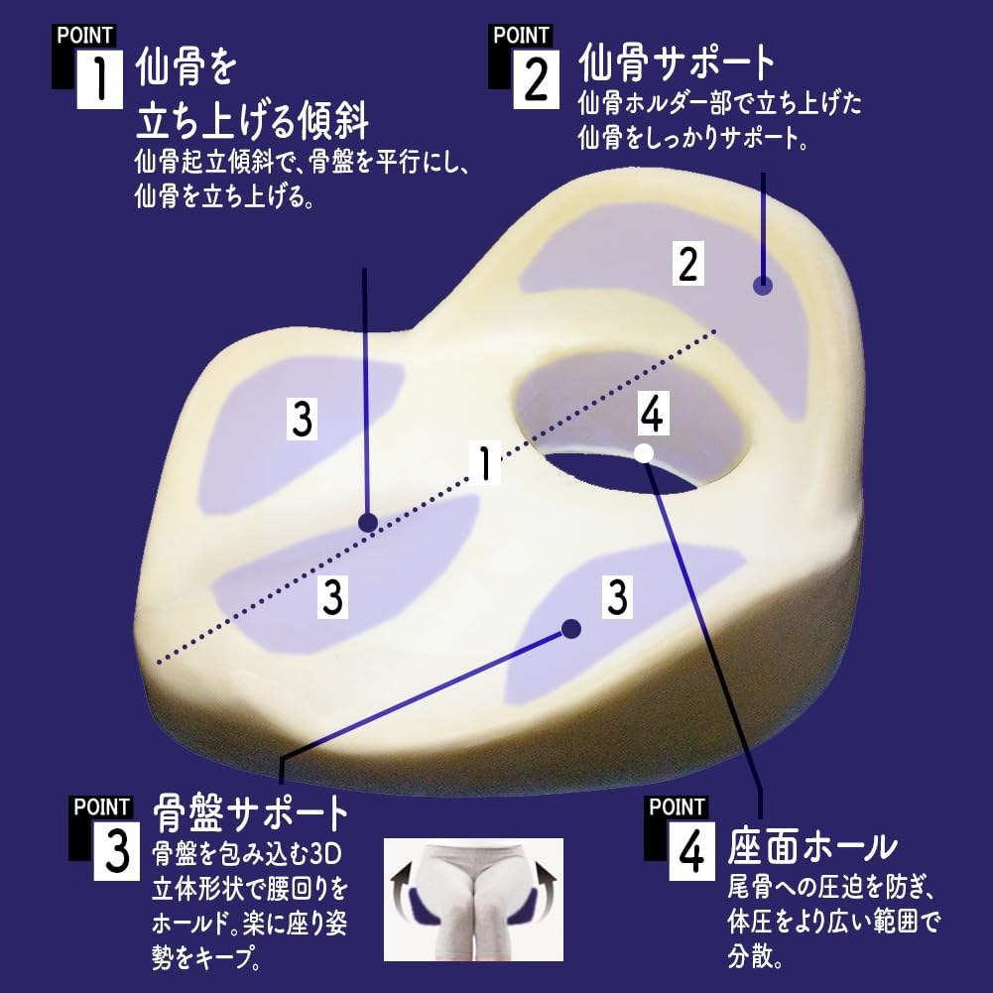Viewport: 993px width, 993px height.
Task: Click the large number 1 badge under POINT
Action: [x=99, y=79]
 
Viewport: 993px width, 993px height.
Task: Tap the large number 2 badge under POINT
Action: [x=536, y=79]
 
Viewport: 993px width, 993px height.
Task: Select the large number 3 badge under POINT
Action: [x=118, y=851]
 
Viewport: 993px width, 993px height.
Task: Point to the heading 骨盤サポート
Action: [x=252, y=814]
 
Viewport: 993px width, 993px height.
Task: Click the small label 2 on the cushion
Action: [x=687, y=264]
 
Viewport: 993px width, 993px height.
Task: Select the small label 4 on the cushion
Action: [x=651, y=416]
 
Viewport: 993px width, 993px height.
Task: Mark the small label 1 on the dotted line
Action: [x=485, y=464]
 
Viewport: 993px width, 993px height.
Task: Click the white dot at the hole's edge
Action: [x=643, y=453]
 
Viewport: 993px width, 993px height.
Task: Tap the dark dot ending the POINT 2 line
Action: [x=762, y=286]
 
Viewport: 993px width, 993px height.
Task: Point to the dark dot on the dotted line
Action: [x=367, y=523]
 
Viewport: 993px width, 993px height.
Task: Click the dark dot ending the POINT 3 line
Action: [x=570, y=628]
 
